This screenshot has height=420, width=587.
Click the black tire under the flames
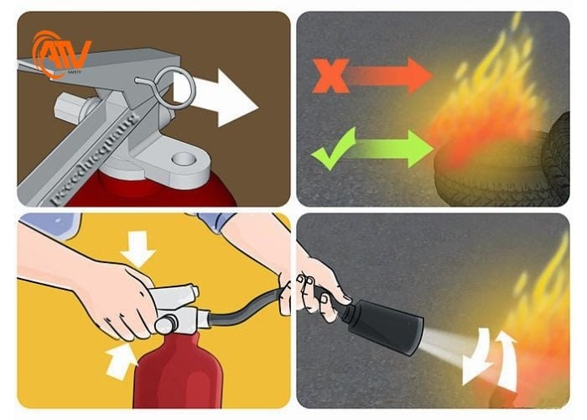tap(503, 172)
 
